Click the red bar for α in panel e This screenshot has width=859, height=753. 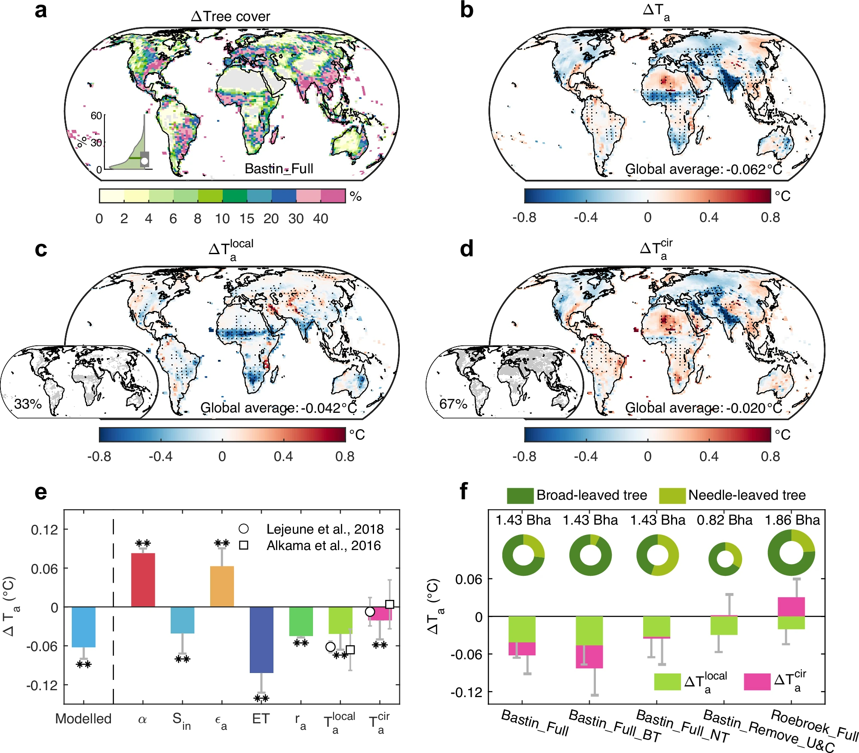[143, 579]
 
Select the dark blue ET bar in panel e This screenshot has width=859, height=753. [261, 639]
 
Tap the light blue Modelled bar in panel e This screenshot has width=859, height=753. [83, 627]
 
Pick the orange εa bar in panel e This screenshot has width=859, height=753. [222, 586]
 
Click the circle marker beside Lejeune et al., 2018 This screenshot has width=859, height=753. [244, 529]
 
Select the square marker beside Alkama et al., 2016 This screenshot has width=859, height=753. [244, 545]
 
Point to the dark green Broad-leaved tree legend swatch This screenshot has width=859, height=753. [520, 495]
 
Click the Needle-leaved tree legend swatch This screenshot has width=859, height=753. [672, 495]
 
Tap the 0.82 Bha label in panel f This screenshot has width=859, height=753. [724, 520]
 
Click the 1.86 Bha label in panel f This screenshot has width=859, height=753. [792, 520]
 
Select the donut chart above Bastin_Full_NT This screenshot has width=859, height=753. [657, 555]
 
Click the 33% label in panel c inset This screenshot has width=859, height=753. [28, 404]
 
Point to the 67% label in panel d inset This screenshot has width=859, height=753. [453, 404]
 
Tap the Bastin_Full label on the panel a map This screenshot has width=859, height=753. [279, 169]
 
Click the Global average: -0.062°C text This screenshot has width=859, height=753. [703, 169]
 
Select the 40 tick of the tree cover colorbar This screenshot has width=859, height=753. [321, 218]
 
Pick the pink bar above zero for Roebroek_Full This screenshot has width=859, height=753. [791, 606]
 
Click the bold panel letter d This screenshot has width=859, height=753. [466, 249]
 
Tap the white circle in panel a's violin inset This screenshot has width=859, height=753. [144, 161]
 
